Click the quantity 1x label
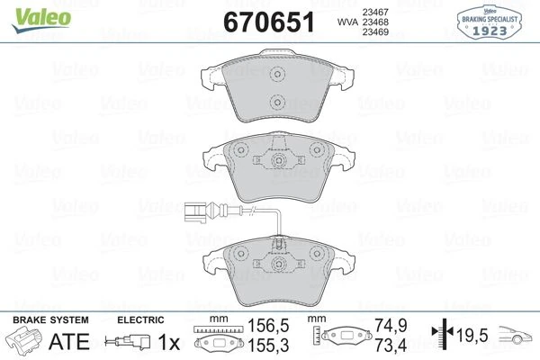coord(169,342)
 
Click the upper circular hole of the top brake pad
coord(277,75)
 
